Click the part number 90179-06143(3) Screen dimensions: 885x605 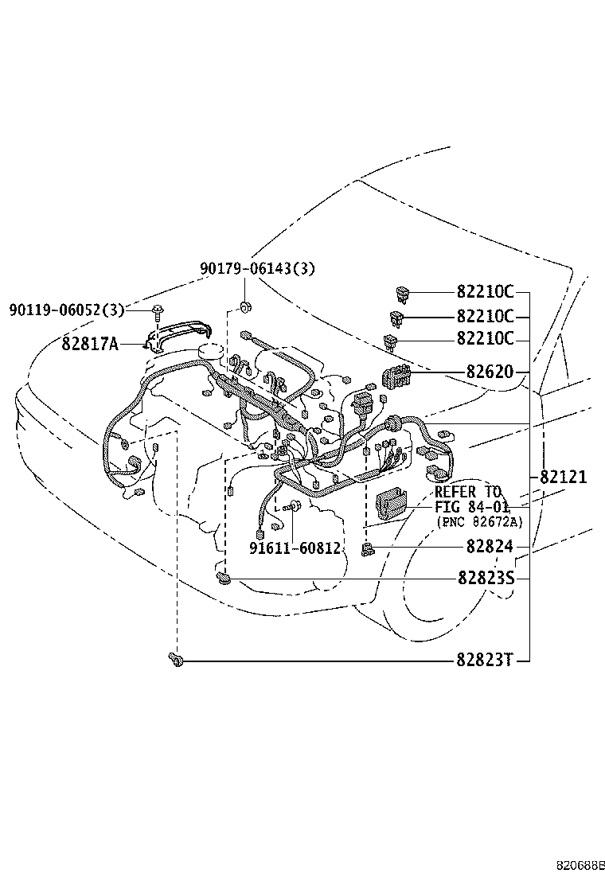256,269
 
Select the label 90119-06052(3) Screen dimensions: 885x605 67,310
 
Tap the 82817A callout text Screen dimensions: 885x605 89,344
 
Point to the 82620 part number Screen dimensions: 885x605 485,372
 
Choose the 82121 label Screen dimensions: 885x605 564,478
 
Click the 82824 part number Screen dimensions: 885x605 485,548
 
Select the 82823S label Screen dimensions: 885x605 486,579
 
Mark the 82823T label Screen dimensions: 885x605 486,660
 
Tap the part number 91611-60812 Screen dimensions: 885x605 295,548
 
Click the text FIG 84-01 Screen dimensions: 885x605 468,506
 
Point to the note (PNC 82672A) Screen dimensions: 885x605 480,521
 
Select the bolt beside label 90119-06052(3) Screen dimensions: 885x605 158,310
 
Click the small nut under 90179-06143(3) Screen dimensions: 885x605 246,306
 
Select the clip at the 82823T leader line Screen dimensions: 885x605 176,659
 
